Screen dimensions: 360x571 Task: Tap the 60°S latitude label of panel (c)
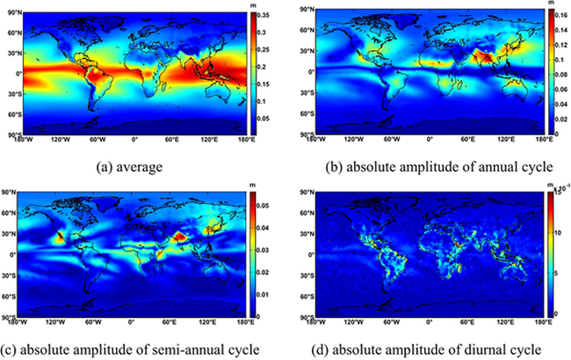12,294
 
